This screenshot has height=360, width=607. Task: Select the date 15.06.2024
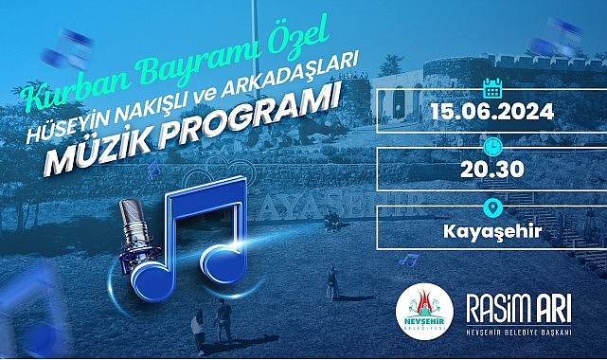[492, 110]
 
